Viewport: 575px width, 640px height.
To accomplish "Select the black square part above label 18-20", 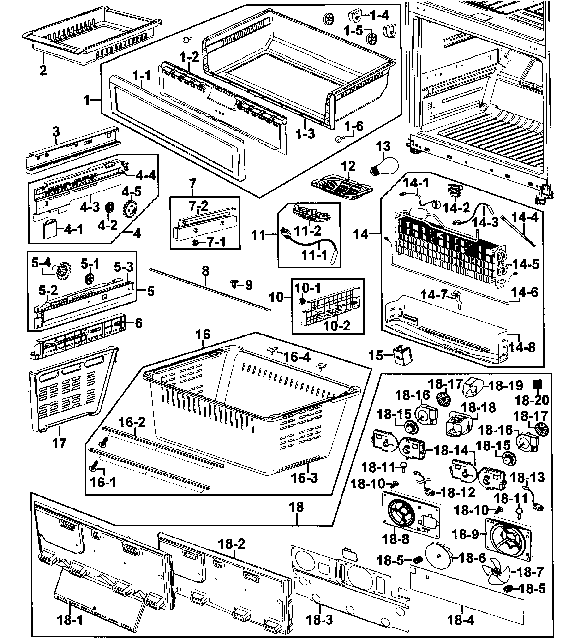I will coord(537,384).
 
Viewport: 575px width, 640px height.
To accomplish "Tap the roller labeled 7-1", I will coord(196,243).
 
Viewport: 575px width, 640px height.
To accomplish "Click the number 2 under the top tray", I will coord(43,70).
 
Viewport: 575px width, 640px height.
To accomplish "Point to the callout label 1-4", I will coord(375,15).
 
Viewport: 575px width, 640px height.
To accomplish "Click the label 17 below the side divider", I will coord(59,443).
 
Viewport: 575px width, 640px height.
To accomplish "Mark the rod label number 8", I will coord(205,271).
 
